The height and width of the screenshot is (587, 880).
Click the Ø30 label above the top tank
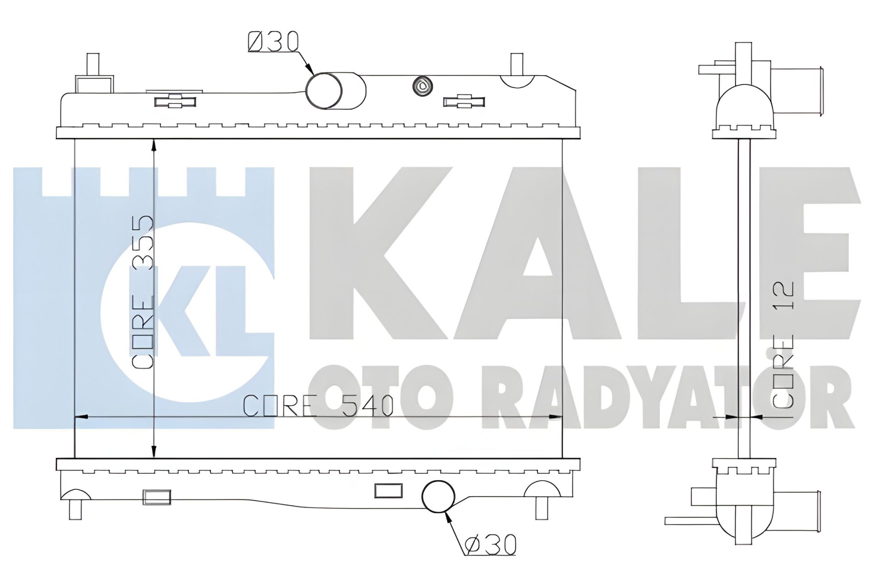pyautogui.click(x=273, y=42)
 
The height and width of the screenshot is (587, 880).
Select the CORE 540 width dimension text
pyautogui.click(x=318, y=405)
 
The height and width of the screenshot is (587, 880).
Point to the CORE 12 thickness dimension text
pyautogui.click(x=783, y=344)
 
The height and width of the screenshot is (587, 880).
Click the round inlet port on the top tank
pyautogui.click(x=324, y=91)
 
